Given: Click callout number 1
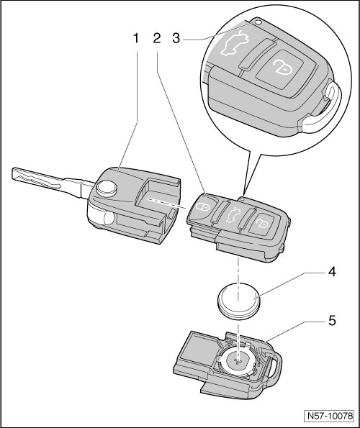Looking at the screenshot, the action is click(136, 39).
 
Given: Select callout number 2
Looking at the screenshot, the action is click(157, 39).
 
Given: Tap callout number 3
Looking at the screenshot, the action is click(176, 39).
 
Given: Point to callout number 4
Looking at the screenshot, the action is click(332, 272).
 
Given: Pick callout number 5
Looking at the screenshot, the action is click(332, 321).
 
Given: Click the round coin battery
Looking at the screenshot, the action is click(238, 301).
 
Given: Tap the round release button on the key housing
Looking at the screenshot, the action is click(107, 188).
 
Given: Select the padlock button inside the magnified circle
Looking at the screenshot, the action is click(282, 68).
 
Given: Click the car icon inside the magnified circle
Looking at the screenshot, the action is click(235, 43).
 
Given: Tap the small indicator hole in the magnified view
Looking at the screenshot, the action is click(258, 22).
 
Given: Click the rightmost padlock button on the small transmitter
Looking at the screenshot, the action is click(263, 223).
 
